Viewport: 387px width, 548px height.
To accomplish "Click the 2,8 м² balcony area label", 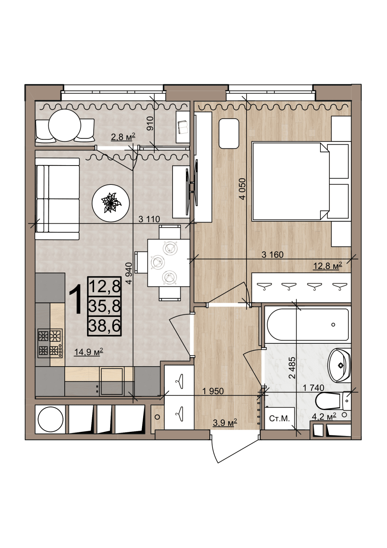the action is coord(123,137).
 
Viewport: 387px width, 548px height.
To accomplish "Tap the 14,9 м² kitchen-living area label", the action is coord(89,352).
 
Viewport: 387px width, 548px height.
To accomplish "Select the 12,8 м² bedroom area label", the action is coord(327,266).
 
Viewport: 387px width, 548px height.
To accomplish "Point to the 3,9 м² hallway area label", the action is coord(225,422).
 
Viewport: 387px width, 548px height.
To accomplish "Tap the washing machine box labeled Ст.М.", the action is coord(279,418).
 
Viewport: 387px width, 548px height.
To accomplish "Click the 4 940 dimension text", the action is coord(129,273).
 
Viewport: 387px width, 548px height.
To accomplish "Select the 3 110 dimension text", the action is coord(149,219).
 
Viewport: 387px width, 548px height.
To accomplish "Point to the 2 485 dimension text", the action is coord(292,368).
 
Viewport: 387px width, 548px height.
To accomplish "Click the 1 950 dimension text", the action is coord(213,391).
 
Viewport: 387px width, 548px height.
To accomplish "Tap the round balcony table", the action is coord(65,125).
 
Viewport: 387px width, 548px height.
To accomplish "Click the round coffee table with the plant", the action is coord(111,203).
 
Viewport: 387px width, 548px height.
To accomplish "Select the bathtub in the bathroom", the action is coord(308,325).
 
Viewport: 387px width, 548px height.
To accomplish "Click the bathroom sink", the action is coord(339,365).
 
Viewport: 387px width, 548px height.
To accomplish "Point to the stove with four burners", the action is coord(50,343).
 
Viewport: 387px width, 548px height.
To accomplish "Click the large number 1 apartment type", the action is coord(76,300).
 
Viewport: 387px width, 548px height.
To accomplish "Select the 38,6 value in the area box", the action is coord(104,326).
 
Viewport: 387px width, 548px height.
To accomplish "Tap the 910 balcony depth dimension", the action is coord(150,123).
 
